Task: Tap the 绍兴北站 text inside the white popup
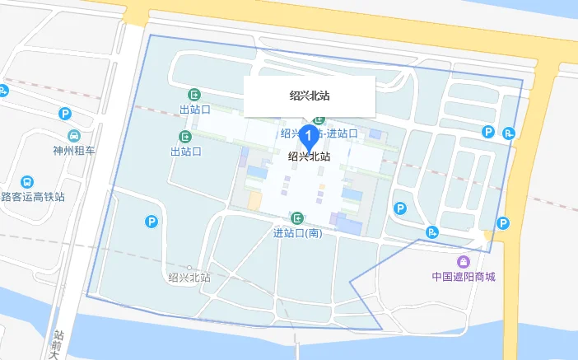coord(310,96)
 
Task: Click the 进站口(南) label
coord(296,233)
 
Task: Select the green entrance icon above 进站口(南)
coord(296,218)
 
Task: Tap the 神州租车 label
coord(73,151)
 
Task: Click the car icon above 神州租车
coord(73,135)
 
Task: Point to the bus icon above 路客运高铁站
coord(27,181)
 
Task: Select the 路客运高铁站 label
coord(33,197)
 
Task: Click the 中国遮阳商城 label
coord(464,277)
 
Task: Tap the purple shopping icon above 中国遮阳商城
coord(464,262)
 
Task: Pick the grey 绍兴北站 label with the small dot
coord(189,278)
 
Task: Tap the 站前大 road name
coord(58,344)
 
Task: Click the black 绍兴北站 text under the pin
coord(309,156)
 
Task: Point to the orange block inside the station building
coord(255,200)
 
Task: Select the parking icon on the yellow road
coord(504,222)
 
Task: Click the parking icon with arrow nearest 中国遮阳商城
coord(432,231)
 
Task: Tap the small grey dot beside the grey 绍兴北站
coord(189,268)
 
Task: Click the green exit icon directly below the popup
coord(319,122)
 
